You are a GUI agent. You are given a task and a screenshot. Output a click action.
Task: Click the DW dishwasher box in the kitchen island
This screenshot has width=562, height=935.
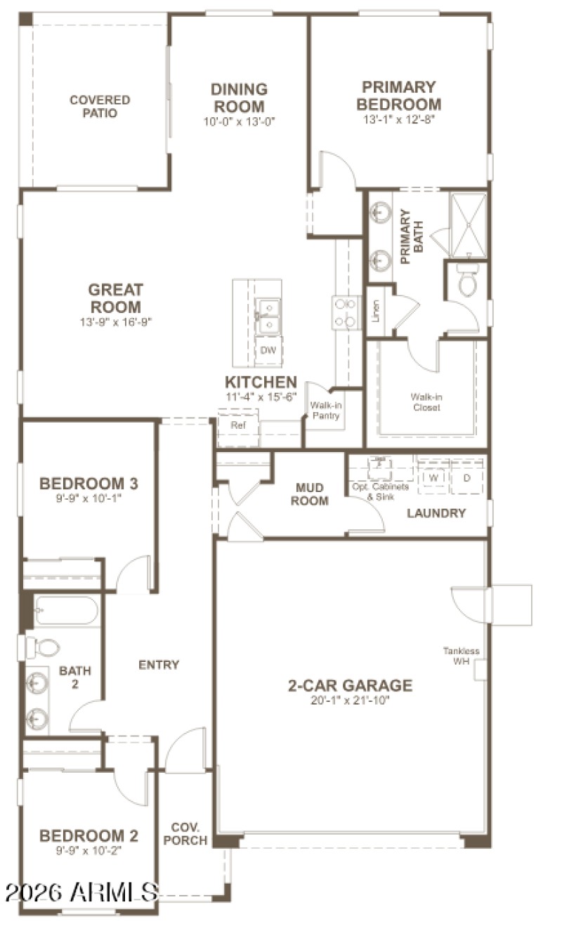click(268, 350)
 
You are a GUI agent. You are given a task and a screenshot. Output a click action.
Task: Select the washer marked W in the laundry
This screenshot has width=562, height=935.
click(433, 478)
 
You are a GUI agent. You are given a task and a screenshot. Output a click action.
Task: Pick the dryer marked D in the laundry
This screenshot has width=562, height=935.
click(467, 478)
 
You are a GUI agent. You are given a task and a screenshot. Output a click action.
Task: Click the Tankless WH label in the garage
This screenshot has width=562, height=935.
click(461, 656)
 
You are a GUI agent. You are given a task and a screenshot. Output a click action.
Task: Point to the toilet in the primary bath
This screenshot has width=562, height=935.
click(467, 281)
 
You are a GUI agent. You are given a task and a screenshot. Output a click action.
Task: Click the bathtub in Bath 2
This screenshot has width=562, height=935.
click(66, 611)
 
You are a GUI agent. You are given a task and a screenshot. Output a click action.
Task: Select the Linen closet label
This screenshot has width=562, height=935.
click(377, 309)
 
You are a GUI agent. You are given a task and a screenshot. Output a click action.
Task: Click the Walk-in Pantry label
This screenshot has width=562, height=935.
click(325, 411)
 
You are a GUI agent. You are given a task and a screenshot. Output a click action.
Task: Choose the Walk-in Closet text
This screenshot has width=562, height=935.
click(427, 402)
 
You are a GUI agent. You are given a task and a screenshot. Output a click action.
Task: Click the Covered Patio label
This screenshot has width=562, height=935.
click(99, 107)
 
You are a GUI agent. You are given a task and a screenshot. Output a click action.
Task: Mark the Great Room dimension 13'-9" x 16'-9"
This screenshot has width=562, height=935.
click(115, 322)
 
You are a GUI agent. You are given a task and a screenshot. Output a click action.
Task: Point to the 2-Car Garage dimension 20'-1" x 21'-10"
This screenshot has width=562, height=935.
click(349, 700)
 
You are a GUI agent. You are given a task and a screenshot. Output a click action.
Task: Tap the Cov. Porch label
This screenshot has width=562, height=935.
click(190, 834)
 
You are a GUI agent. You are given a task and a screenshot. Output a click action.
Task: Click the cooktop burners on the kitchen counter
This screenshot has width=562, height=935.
click(346, 312)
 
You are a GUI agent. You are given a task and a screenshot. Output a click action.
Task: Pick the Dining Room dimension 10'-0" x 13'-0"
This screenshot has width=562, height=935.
click(239, 121)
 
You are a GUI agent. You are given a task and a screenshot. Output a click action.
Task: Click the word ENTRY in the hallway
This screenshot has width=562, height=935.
click(159, 665)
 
